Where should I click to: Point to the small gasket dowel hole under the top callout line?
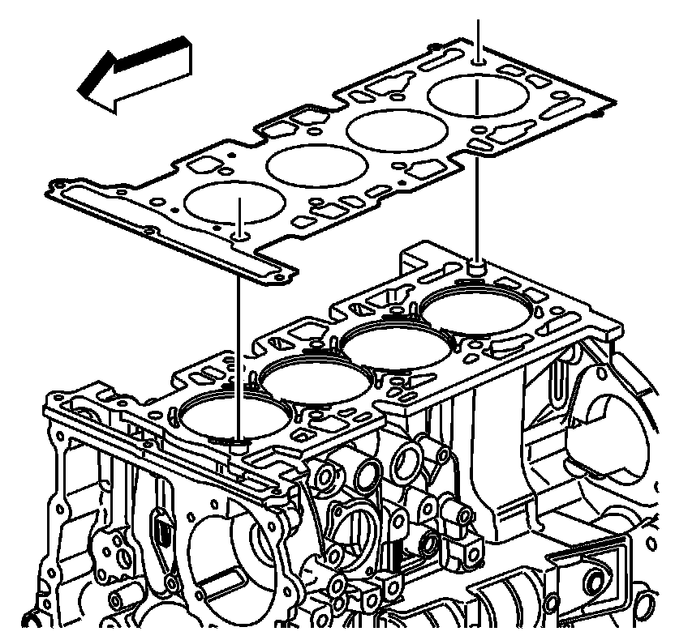[479, 60]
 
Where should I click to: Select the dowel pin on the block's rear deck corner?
[479, 264]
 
